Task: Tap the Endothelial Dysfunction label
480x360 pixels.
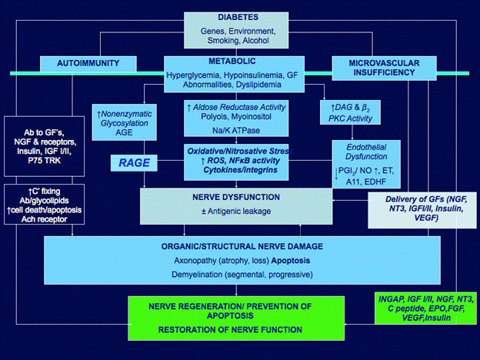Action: point(363,148)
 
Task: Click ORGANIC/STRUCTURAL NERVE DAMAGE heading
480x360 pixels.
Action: point(242,247)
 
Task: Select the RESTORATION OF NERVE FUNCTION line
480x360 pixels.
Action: point(226,330)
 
